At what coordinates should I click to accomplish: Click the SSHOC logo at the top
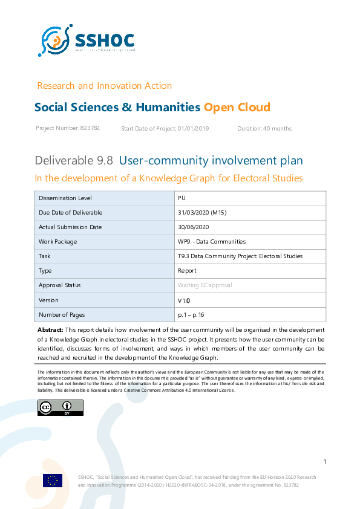(x=86, y=41)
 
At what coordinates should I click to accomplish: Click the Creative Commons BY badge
(x=52, y=408)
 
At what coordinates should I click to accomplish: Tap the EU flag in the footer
(x=53, y=481)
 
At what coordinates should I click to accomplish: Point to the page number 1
(x=325, y=462)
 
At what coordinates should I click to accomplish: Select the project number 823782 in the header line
(x=90, y=128)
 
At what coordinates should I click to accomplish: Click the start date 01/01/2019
(x=193, y=128)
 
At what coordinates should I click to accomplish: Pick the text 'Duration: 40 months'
(x=264, y=128)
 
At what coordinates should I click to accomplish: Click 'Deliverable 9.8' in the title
(x=74, y=161)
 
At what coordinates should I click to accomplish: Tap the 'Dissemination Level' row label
(x=65, y=198)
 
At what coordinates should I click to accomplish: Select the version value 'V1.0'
(x=184, y=300)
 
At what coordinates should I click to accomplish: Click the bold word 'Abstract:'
(x=50, y=330)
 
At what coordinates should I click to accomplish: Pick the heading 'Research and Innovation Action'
(x=104, y=86)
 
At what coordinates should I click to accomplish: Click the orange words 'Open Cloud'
(x=237, y=108)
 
